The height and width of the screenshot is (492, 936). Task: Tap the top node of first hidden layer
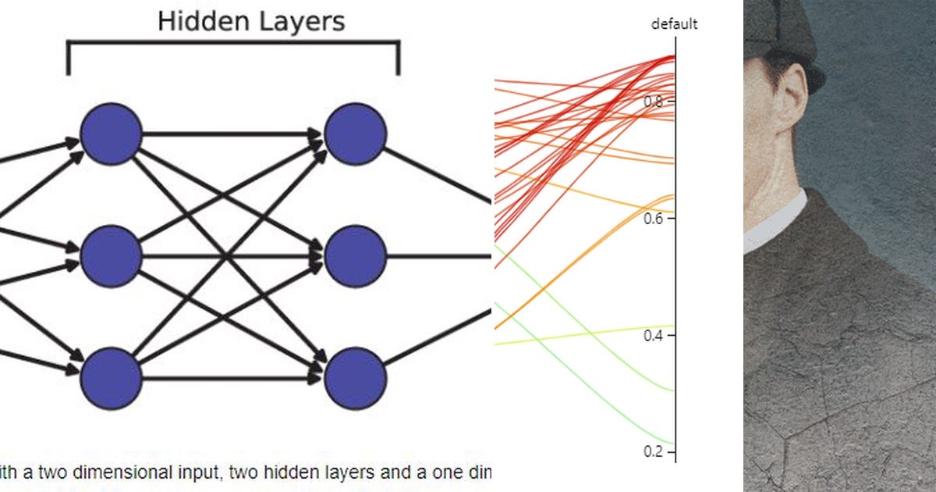pyautogui.click(x=112, y=134)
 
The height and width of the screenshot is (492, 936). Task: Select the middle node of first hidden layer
pyautogui.click(x=112, y=255)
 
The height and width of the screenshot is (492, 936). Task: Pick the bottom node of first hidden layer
pyautogui.click(x=112, y=379)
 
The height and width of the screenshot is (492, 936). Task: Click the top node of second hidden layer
pyautogui.click(x=356, y=134)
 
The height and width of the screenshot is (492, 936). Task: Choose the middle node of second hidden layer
pyautogui.click(x=356, y=255)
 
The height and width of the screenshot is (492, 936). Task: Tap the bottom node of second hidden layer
pyautogui.click(x=356, y=379)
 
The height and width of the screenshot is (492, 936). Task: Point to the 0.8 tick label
pyautogui.click(x=654, y=102)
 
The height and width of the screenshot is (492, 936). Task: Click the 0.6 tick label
pyautogui.click(x=654, y=219)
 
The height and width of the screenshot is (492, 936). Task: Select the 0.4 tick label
pyautogui.click(x=654, y=336)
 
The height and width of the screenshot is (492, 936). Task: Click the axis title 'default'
pyautogui.click(x=675, y=24)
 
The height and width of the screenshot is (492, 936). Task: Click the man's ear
pyautogui.click(x=789, y=98)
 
